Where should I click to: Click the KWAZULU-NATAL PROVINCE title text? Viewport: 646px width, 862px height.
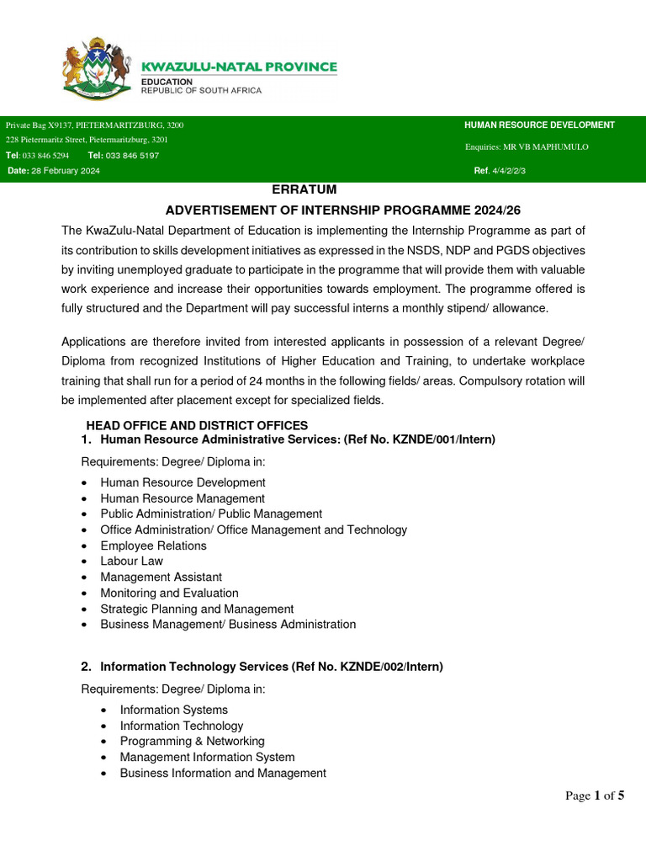tap(239, 67)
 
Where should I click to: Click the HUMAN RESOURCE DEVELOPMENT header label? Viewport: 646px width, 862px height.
tap(539, 125)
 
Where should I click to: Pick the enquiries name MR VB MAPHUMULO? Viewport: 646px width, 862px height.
tap(552, 147)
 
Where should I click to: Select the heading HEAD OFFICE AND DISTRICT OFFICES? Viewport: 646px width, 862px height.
tap(197, 425)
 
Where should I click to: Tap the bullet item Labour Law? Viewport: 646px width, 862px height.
tap(131, 561)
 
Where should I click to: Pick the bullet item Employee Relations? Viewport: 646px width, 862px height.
tap(153, 545)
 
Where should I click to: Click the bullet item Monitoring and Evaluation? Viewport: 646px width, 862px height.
tap(169, 593)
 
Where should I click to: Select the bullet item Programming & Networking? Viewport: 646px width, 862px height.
tap(192, 741)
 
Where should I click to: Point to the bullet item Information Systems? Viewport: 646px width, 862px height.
tap(173, 710)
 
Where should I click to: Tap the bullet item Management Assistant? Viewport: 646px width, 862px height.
tap(161, 577)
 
